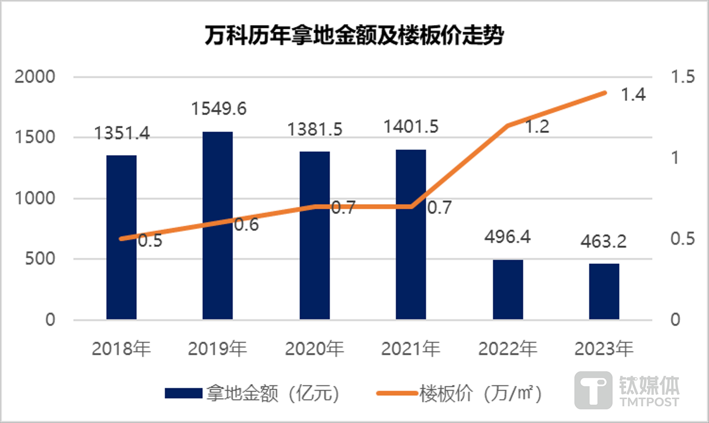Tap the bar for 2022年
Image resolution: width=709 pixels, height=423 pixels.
point(508,289)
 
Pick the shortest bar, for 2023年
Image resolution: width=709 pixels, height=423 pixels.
point(604,291)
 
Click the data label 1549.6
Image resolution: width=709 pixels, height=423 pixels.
point(219,109)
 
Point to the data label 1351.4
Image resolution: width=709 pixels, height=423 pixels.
point(122,133)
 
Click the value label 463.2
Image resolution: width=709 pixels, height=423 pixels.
point(604,242)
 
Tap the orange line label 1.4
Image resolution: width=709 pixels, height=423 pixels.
point(633,95)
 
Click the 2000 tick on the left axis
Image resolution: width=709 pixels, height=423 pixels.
point(35,77)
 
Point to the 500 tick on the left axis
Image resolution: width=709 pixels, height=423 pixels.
point(40,259)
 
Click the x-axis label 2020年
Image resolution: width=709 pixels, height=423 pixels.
point(315,349)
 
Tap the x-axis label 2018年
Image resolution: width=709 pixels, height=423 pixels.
point(121,349)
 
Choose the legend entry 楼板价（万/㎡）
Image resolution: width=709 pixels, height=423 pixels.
point(459,394)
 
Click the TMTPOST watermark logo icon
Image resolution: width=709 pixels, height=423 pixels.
point(593,390)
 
